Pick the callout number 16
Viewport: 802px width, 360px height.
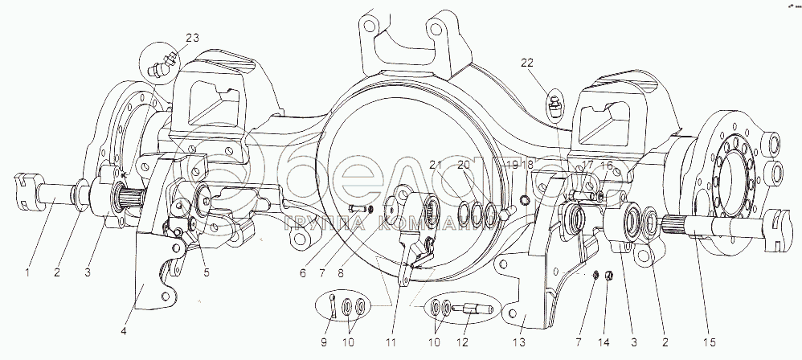[607, 165]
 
